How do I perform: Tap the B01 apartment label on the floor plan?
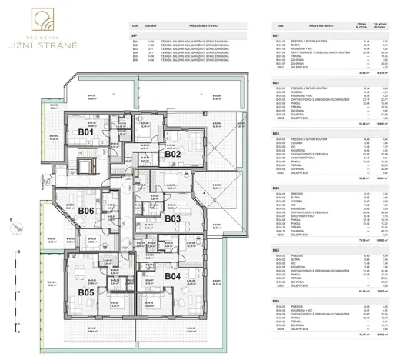tap(86, 133)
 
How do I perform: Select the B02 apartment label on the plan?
tap(172, 154)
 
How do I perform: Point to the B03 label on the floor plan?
tap(172, 219)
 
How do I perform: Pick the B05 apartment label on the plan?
tap(85, 292)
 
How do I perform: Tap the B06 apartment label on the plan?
tap(86, 211)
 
